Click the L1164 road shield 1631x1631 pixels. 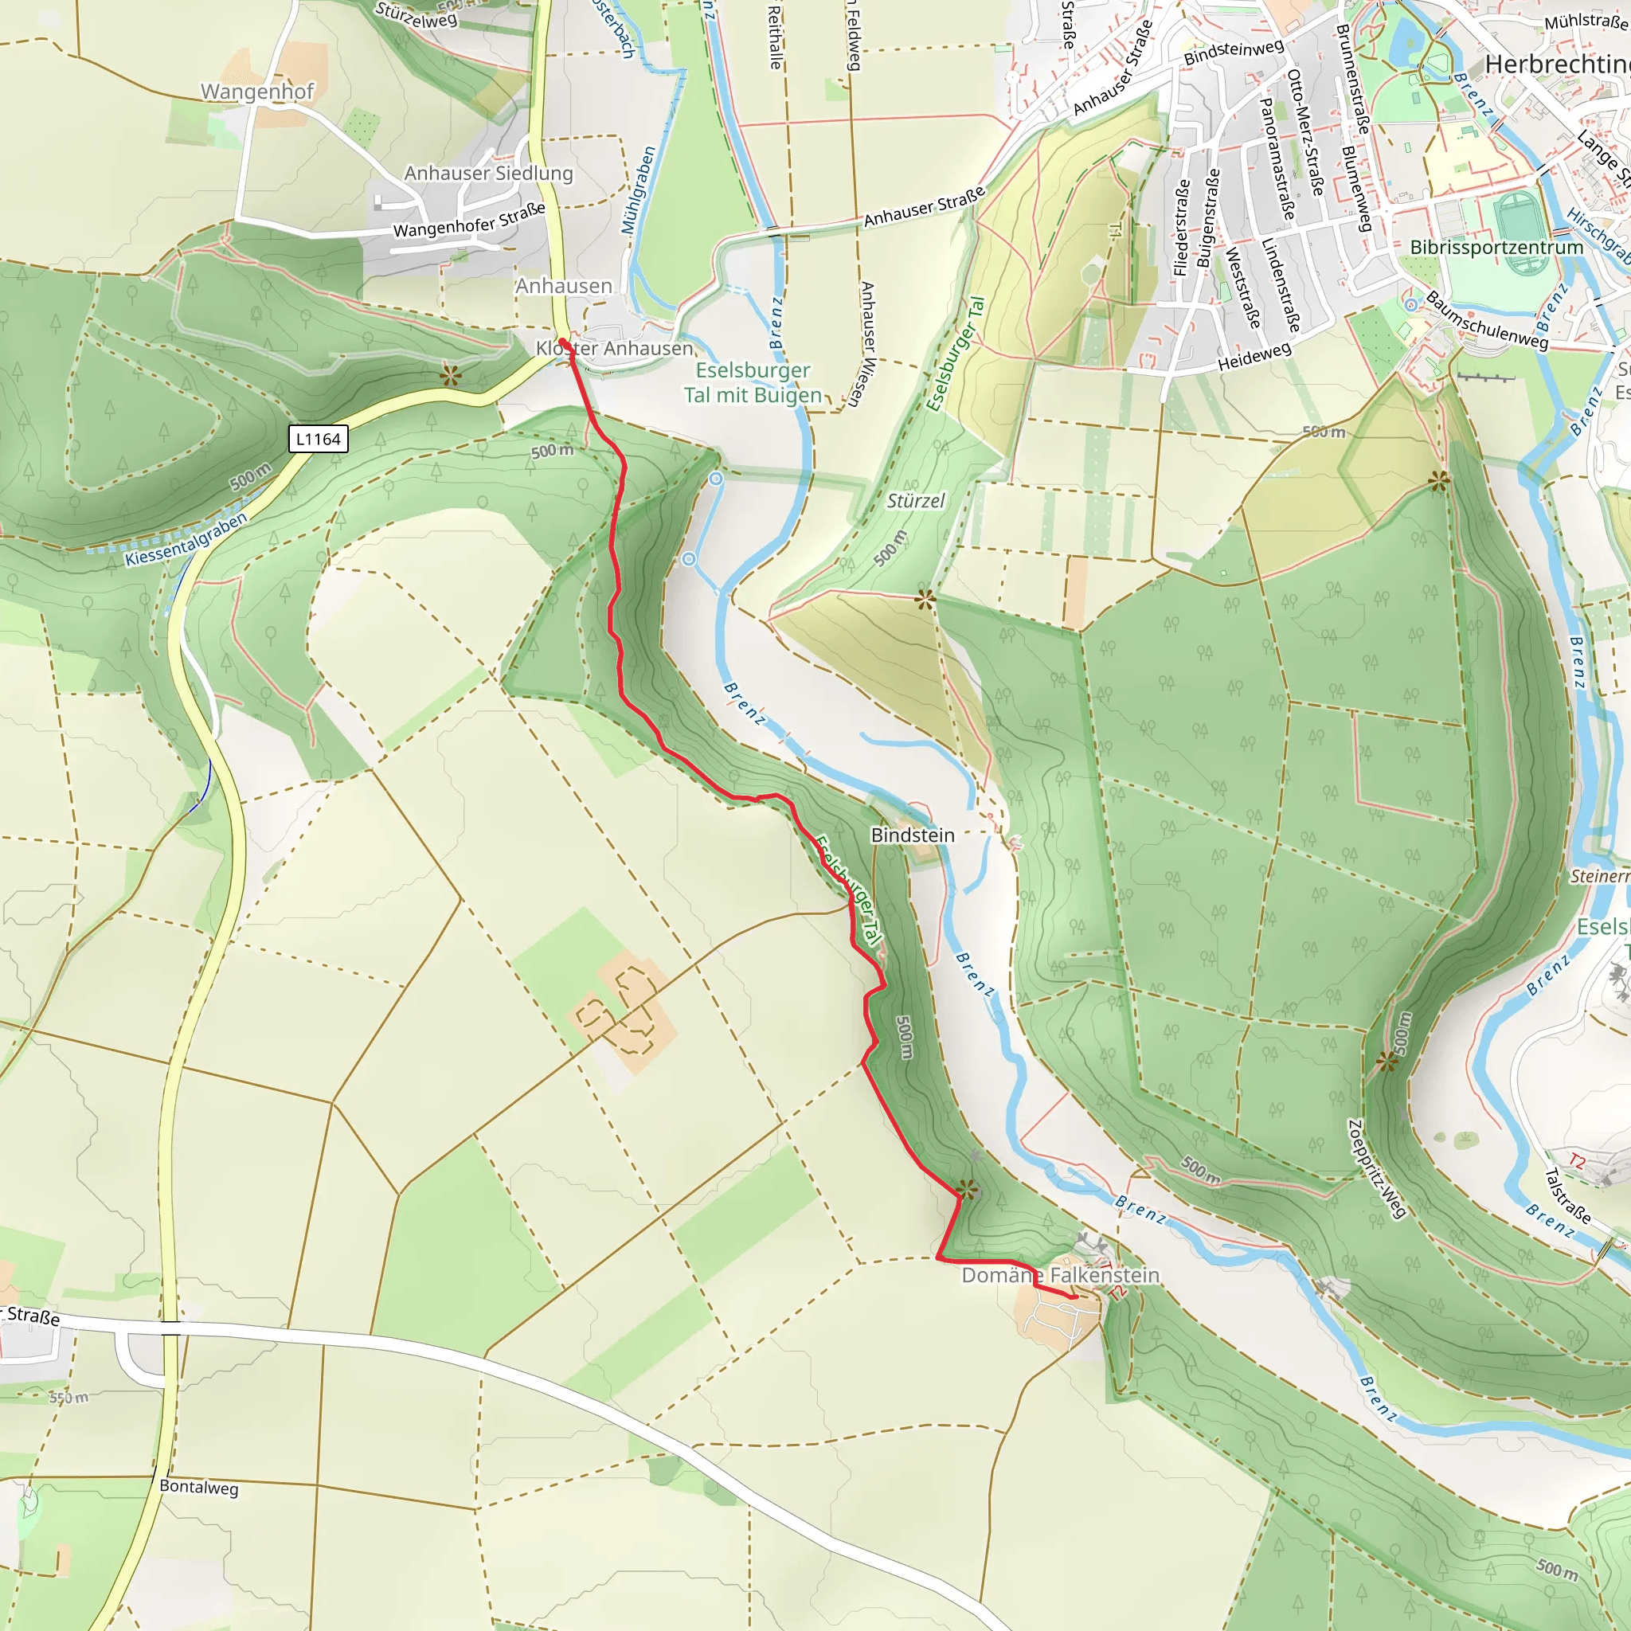pyautogui.click(x=319, y=439)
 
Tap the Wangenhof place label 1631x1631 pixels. pyautogui.click(x=256, y=91)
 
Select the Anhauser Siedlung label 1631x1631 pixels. pyautogui.click(x=488, y=173)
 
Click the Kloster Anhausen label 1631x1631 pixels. pyautogui.click(x=615, y=348)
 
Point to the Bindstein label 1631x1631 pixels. pyautogui.click(x=913, y=835)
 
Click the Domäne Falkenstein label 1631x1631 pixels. pyautogui.click(x=1060, y=1275)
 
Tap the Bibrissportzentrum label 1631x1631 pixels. pyautogui.click(x=1496, y=248)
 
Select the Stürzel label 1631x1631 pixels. pyautogui.click(x=916, y=501)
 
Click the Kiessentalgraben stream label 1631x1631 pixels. pyautogui.click(x=186, y=539)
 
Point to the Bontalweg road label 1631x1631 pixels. pyautogui.click(x=199, y=1487)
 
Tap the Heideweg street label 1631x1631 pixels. pyautogui.click(x=1254, y=357)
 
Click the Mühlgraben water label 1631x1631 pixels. pyautogui.click(x=638, y=191)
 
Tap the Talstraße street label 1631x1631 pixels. pyautogui.click(x=1567, y=1195)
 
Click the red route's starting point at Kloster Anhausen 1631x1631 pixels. pyautogui.click(x=562, y=342)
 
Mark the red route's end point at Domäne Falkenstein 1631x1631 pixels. pyautogui.click(x=1074, y=1297)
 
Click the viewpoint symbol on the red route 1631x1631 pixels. pyautogui.click(x=968, y=1190)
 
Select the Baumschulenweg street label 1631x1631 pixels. pyautogui.click(x=1487, y=321)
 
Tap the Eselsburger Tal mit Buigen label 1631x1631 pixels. pyautogui.click(x=753, y=382)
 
